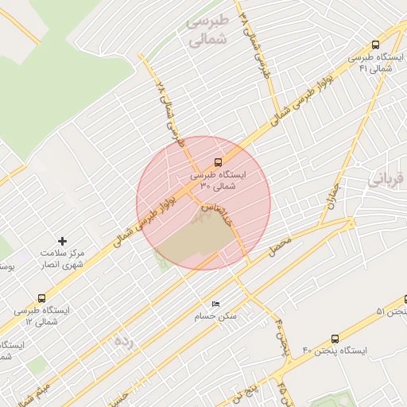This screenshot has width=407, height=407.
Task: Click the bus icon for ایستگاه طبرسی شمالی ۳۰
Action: click(x=219, y=162)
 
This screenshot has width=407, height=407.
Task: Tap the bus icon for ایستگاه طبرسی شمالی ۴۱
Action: click(x=376, y=46)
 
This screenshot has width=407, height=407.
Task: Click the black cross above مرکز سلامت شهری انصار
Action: click(x=64, y=240)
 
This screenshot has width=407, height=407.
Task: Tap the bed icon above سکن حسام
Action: click(x=215, y=304)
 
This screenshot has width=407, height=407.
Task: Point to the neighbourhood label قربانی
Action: click(x=387, y=180)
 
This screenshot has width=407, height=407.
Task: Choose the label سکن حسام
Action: click(x=216, y=316)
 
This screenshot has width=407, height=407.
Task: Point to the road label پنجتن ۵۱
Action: click(x=391, y=311)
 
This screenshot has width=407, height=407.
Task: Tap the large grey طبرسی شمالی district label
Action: click(x=207, y=30)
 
